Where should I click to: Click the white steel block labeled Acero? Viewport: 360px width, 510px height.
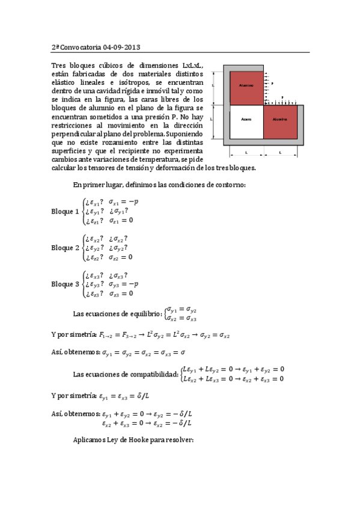(246, 120)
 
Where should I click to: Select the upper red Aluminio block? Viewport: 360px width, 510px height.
(246, 86)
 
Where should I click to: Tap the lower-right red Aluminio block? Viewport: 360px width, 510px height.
(280, 120)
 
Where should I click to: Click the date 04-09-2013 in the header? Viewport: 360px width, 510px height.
(122, 47)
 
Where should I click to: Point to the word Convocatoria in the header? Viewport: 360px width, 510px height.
(81, 47)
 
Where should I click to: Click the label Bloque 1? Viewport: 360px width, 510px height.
(65, 211)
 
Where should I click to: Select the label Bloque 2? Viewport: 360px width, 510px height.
(65, 248)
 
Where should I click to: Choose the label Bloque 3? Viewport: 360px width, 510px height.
(65, 284)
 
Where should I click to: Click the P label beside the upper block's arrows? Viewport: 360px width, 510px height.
(272, 84)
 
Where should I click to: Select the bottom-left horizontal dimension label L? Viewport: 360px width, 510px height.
(246, 153)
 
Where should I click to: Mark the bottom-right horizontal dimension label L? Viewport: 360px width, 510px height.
(280, 153)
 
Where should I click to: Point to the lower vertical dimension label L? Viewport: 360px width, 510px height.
(212, 120)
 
